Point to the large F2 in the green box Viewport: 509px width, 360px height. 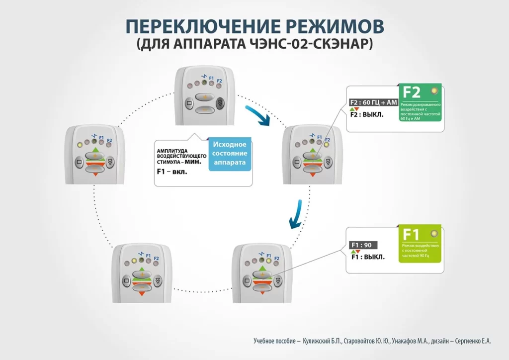tap(412, 92)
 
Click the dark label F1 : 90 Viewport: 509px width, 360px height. tap(363, 245)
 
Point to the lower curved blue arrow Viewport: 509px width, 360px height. tap(295, 214)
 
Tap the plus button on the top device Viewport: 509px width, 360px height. tap(203, 97)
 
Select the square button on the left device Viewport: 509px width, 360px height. tap(79, 162)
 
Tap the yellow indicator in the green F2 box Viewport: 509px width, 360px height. tap(435, 91)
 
